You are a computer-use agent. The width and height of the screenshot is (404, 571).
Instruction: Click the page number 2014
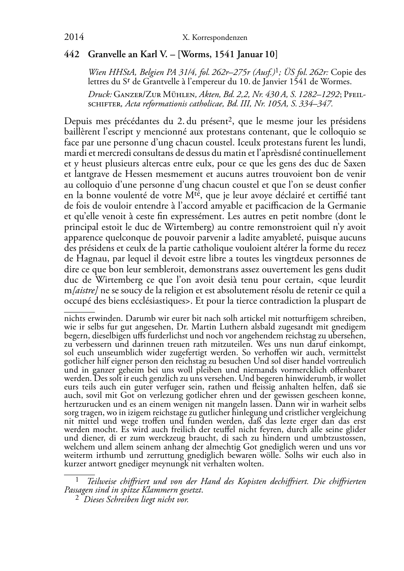point(74,37)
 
